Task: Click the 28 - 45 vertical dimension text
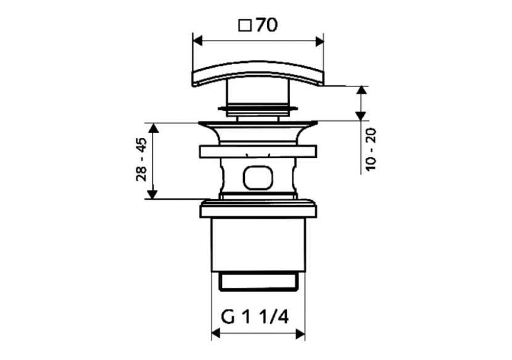point(141,160)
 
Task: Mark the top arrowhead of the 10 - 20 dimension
point(361,91)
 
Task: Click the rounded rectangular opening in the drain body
point(257,178)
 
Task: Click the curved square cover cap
point(258,73)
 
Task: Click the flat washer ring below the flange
point(258,151)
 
